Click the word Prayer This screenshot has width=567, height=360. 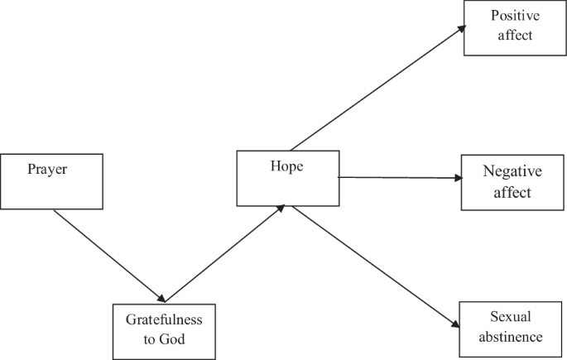(46, 170)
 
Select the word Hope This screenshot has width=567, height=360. (286, 166)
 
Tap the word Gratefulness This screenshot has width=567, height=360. (164, 319)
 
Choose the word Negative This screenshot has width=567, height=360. (512, 172)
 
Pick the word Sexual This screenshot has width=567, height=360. (510, 317)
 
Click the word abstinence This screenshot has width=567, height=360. (510, 336)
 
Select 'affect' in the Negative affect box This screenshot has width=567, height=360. (512, 192)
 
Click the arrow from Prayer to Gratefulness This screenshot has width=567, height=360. (108, 254)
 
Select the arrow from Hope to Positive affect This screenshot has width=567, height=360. (377, 88)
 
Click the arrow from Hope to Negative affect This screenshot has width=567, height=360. (397, 177)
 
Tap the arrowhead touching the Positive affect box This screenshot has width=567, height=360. (459, 29)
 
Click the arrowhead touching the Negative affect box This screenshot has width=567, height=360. (457, 178)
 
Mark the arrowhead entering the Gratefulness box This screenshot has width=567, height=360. (163, 298)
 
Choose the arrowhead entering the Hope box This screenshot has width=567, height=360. (281, 209)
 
